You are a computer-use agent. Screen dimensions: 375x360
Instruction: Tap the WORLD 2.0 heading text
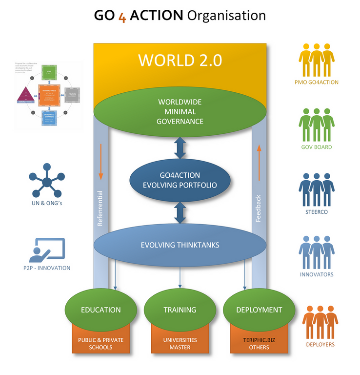180,60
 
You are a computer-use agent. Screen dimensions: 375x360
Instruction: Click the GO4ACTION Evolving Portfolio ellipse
179,180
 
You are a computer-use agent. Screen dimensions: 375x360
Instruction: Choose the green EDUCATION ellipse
101,310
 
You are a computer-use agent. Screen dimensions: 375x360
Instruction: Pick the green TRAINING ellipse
180,310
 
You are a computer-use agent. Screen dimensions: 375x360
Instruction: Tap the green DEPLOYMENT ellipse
259,310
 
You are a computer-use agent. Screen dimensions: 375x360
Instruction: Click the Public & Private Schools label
101,343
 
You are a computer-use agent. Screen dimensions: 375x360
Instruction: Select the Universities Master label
180,343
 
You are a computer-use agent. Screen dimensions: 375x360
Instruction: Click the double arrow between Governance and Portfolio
180,148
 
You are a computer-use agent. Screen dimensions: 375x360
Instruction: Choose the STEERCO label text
317,212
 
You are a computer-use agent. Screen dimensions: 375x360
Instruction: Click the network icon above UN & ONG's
47,182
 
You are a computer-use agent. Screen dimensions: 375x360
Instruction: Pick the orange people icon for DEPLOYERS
320,322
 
